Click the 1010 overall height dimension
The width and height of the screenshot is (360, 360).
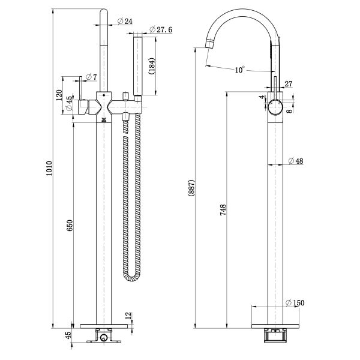[49, 168]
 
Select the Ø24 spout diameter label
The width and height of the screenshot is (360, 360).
[125, 21]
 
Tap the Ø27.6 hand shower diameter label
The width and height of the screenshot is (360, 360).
[161, 29]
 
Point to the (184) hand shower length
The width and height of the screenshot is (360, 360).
[152, 66]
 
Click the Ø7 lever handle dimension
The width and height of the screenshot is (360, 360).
[91, 77]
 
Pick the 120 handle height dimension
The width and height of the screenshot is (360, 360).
[59, 95]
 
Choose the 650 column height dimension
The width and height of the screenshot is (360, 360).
[70, 226]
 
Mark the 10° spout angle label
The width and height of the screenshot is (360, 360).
[239, 70]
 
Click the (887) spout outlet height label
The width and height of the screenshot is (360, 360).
[191, 188]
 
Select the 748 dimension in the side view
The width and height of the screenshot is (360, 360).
[223, 210]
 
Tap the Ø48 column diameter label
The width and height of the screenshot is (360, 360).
[296, 161]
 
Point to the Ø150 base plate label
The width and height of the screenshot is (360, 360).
[295, 303]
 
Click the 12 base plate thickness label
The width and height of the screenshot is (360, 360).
[128, 316]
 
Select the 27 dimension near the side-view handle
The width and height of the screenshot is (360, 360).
[289, 84]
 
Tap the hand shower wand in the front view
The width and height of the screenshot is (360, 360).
[138, 65]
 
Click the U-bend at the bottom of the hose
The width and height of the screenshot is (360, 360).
[132, 278]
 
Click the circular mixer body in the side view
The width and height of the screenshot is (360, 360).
[275, 107]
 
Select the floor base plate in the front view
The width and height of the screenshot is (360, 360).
[104, 326]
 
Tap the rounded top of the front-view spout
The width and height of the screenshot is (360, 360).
[104, 11]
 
